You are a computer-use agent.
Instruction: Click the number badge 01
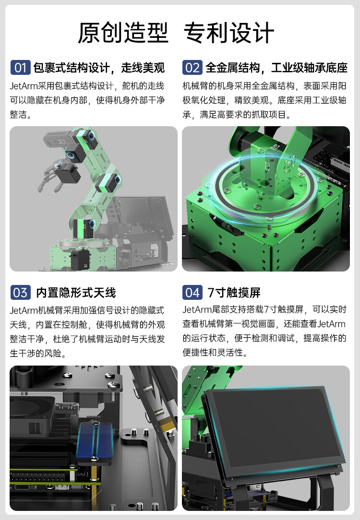pos(21,68)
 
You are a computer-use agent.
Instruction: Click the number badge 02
pos(192,68)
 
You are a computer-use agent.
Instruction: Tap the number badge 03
pos(21,293)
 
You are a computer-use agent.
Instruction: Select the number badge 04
pos(192,293)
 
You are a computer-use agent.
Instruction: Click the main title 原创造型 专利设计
pos(176,33)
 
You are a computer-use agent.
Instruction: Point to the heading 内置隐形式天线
pos(76,293)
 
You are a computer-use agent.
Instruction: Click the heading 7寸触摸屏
pos(234,293)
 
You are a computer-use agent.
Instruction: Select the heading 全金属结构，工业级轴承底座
pos(276,68)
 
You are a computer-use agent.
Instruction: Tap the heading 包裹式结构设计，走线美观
pos(99,68)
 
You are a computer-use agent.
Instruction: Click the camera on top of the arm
pos(58,138)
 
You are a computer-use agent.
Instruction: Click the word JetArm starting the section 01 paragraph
pos(24,86)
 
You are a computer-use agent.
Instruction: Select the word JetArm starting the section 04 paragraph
pos(197,309)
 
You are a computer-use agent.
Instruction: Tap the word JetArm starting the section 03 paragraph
pos(24,310)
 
